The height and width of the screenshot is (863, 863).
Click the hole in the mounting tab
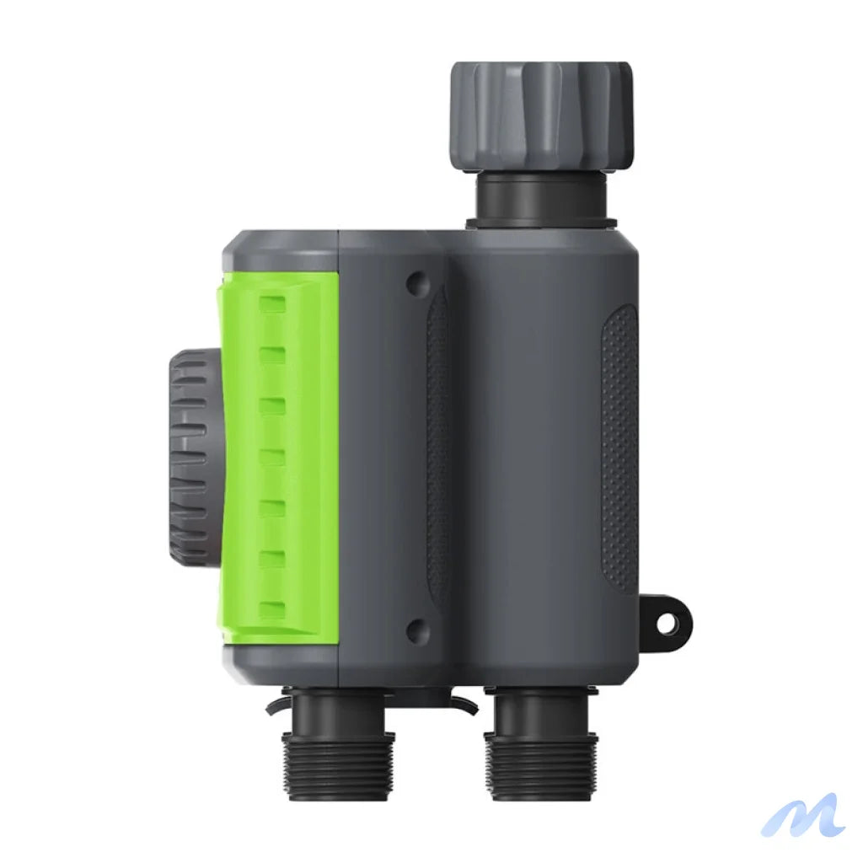667,624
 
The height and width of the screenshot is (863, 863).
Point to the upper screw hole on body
413,283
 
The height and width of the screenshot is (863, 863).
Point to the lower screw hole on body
413,628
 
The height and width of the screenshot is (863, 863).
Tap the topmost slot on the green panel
272,302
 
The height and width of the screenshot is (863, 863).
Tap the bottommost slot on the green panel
272,609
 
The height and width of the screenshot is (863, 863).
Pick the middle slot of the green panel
272,456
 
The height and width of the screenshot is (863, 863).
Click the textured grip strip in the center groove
437,447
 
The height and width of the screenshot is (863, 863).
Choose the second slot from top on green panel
272,353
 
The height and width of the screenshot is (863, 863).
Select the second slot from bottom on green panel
272,558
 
